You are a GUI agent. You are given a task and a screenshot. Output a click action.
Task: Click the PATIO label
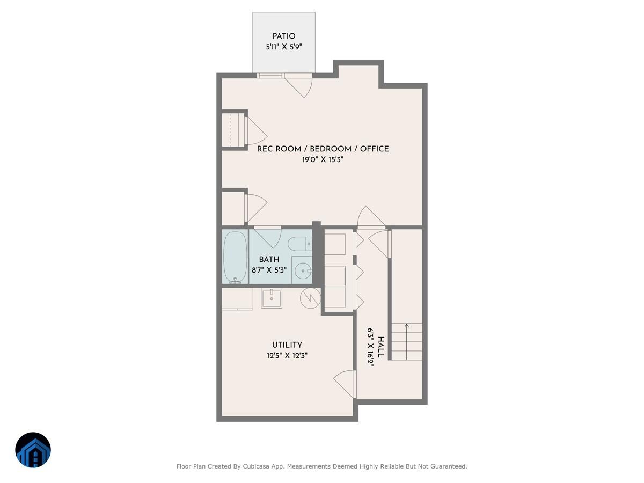point(283,36)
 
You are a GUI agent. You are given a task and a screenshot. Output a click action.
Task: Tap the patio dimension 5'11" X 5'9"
point(283,47)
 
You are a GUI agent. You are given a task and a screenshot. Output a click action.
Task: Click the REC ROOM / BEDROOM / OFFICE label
point(323,149)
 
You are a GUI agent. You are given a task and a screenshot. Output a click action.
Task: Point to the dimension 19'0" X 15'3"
point(323,159)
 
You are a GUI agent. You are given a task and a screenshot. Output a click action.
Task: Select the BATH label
point(269,259)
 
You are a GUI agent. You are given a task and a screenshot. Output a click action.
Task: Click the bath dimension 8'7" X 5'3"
point(269,270)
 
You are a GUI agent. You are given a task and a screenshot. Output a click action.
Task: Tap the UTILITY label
point(287,345)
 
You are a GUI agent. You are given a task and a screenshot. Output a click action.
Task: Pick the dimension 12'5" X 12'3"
point(287,355)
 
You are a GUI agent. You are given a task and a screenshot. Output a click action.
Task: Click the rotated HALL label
point(381,347)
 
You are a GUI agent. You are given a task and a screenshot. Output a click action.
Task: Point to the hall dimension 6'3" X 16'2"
point(370,347)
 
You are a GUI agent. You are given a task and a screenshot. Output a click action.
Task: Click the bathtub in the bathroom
point(235,257)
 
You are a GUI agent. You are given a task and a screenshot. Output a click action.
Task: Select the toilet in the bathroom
point(299,245)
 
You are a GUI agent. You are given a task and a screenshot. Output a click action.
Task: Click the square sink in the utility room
point(272,297)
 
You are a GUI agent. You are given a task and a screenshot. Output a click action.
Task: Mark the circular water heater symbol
point(310,298)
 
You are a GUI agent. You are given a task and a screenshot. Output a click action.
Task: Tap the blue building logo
point(33,450)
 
